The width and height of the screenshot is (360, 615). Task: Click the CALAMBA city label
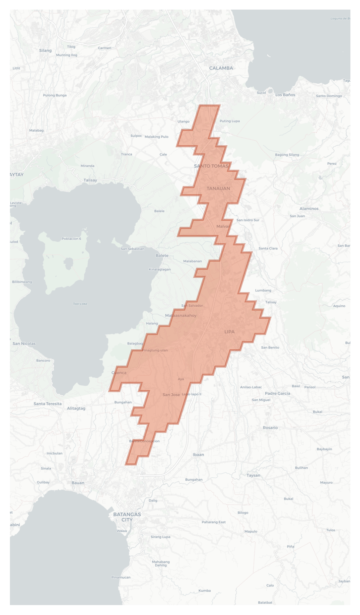221,68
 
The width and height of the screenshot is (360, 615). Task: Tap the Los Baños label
285,95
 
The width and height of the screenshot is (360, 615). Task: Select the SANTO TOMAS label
211,166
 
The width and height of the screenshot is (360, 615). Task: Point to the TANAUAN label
218,189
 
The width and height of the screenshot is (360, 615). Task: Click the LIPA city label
229,332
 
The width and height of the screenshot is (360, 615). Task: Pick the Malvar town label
223,226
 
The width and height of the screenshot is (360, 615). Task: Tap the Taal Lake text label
80,304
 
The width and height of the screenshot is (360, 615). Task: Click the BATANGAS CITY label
127,517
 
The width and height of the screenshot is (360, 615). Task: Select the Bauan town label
78,483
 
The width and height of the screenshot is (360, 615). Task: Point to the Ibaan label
198,455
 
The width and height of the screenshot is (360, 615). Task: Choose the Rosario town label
270,428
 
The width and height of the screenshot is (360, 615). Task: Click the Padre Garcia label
277,393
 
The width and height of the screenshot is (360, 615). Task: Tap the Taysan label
253,475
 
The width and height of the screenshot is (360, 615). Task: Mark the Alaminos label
309,209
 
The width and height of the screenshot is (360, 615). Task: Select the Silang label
45,51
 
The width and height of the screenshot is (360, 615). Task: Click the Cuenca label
119,373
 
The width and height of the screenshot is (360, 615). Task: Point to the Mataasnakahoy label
181,316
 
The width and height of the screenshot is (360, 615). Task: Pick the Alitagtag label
76,408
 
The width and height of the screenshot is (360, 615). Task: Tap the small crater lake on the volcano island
68,264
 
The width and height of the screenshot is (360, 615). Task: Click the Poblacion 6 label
71,239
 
